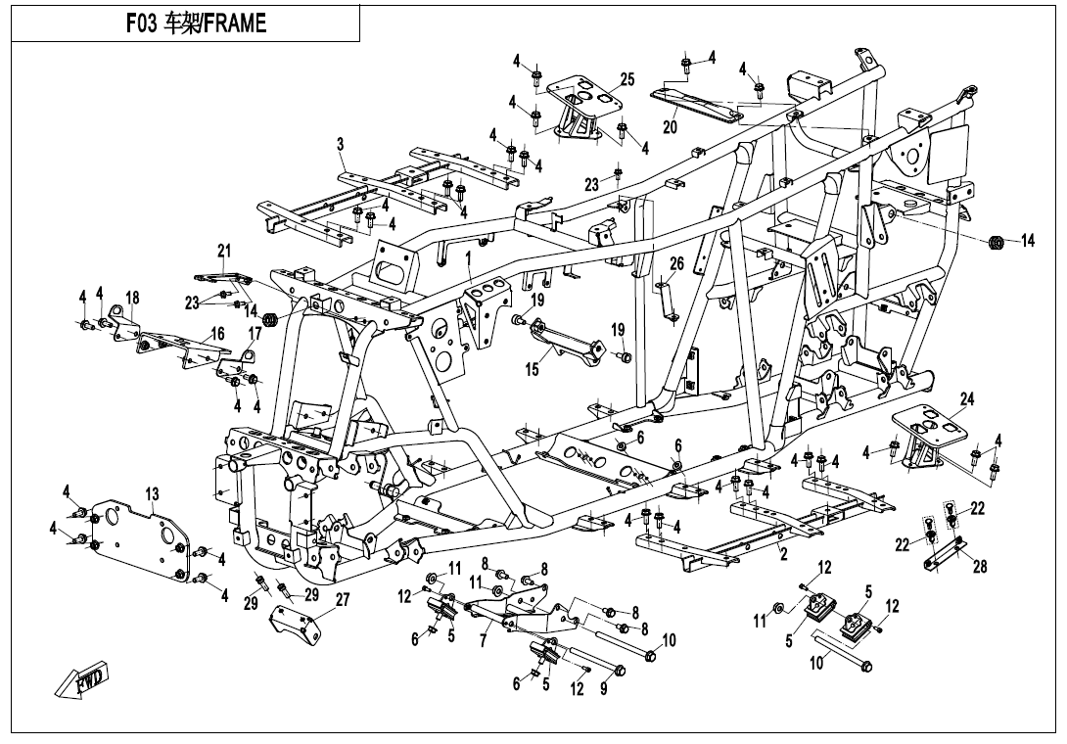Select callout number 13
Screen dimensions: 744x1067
tap(153, 495)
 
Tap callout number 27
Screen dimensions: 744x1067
tap(342, 600)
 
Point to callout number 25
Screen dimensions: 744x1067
tap(627, 79)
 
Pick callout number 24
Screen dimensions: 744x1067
tap(967, 399)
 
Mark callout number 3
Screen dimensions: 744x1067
tap(340, 145)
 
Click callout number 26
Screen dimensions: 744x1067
tap(676, 263)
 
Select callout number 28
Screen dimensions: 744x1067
tap(980, 568)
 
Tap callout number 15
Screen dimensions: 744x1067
tap(533, 370)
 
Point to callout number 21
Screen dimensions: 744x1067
tap(223, 252)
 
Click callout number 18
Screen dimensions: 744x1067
tap(132, 297)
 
